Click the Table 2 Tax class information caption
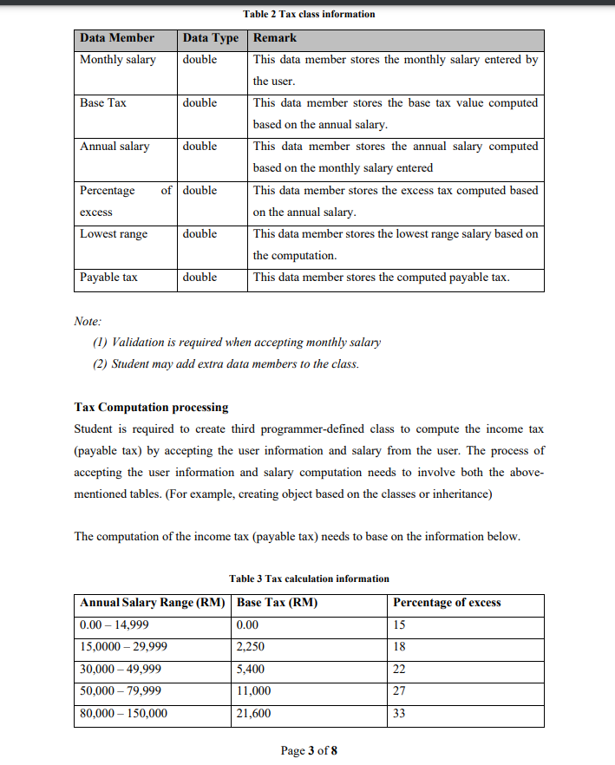(x=309, y=14)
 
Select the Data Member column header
(x=117, y=38)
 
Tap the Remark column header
(x=275, y=38)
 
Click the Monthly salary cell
(x=118, y=60)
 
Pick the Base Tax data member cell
(x=103, y=103)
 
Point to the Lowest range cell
(x=114, y=234)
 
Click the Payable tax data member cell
(x=108, y=278)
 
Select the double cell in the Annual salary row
(x=200, y=147)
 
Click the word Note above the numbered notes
(x=88, y=321)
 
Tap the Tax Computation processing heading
(x=152, y=407)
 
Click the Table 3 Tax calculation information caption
(x=309, y=579)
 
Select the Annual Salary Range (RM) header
(x=153, y=603)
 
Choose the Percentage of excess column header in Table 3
(x=447, y=603)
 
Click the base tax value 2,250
(x=251, y=647)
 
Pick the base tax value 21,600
(x=253, y=714)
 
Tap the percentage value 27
(x=399, y=691)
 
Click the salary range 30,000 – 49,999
(x=121, y=670)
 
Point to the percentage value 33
(x=399, y=714)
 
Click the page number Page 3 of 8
(x=309, y=750)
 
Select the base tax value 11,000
(x=253, y=691)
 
